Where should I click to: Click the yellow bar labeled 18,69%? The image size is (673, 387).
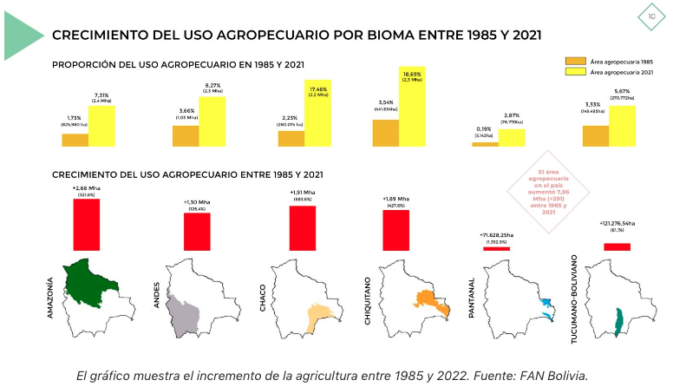412,107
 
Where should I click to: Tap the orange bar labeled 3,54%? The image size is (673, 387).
386,133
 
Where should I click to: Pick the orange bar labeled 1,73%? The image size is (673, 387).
75,140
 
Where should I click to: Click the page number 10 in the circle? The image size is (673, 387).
650,16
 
